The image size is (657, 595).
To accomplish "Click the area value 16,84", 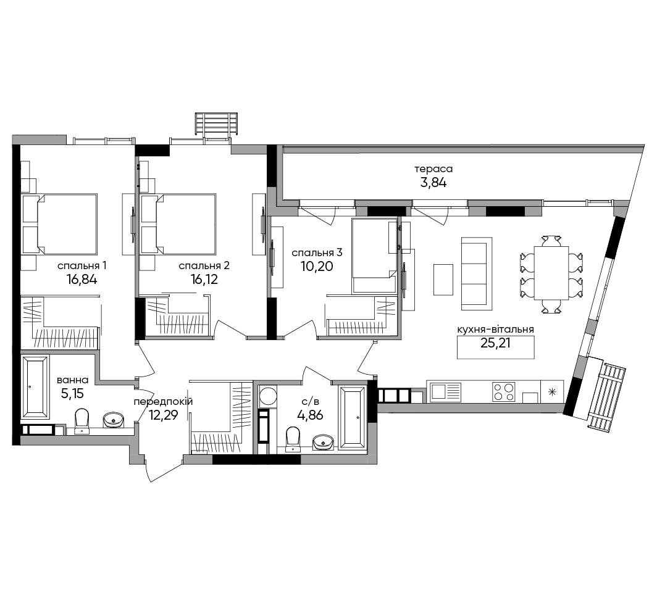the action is pos(82,279).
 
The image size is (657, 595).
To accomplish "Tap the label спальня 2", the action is pos(204,265).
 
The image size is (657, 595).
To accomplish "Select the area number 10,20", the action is pos(317,266).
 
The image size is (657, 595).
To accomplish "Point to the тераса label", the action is pos(433,169).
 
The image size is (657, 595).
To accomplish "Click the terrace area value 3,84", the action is pos(433,183).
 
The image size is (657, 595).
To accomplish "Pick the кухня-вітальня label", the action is pos(496,330).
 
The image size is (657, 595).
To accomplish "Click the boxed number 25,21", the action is pos(496,343).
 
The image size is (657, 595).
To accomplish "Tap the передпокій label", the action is pos(163,402).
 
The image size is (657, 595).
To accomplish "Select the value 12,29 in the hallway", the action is pos(163,415).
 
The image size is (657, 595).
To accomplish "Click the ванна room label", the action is pos(72,380).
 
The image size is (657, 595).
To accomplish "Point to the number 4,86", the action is pos(310,416).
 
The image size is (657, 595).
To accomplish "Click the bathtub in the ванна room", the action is pos(35,386).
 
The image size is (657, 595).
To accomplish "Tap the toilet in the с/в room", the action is pos(293,439).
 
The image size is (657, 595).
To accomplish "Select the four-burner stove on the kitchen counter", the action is pos(504,392).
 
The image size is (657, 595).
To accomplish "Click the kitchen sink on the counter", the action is pos(446,392).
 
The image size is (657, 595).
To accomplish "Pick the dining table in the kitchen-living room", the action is pos(551,273).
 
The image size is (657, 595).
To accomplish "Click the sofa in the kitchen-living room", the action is pos(477,274).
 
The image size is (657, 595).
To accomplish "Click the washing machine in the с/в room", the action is pos(267,395).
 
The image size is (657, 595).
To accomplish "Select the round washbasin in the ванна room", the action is pos(113,420).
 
